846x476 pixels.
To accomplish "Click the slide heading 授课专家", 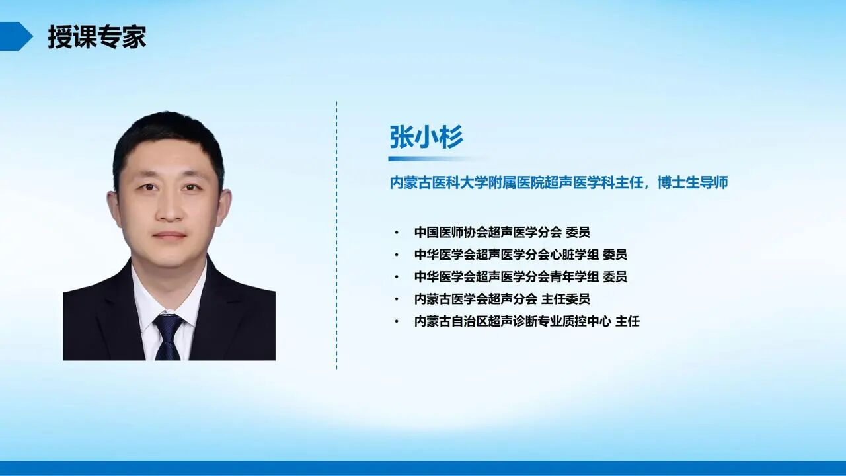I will [x=96, y=37].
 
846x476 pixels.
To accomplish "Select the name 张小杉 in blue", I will [x=426, y=138].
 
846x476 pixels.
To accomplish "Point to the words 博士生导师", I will [x=693, y=182].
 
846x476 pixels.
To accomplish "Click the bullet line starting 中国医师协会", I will [x=502, y=232].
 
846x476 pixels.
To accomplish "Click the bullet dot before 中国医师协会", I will [x=397, y=233].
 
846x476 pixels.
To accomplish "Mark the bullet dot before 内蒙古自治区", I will [x=397, y=321].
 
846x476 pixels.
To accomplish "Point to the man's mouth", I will [x=170, y=235].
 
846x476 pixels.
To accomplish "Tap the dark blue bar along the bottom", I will [x=423, y=468].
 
